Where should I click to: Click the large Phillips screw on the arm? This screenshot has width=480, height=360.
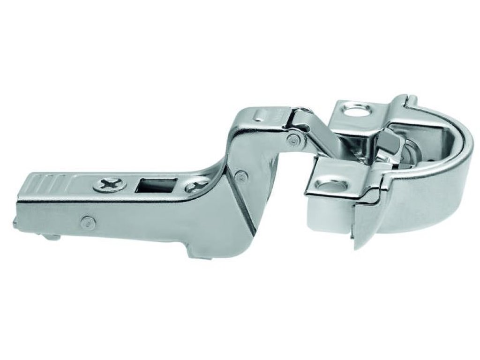click(x=109, y=184)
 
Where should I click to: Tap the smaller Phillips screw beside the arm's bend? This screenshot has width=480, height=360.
click(x=196, y=187)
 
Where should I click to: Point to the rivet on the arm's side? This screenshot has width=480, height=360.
click(x=87, y=222)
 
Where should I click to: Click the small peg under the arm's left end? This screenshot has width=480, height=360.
click(x=52, y=237)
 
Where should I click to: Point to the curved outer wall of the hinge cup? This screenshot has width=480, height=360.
click(x=422, y=206)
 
